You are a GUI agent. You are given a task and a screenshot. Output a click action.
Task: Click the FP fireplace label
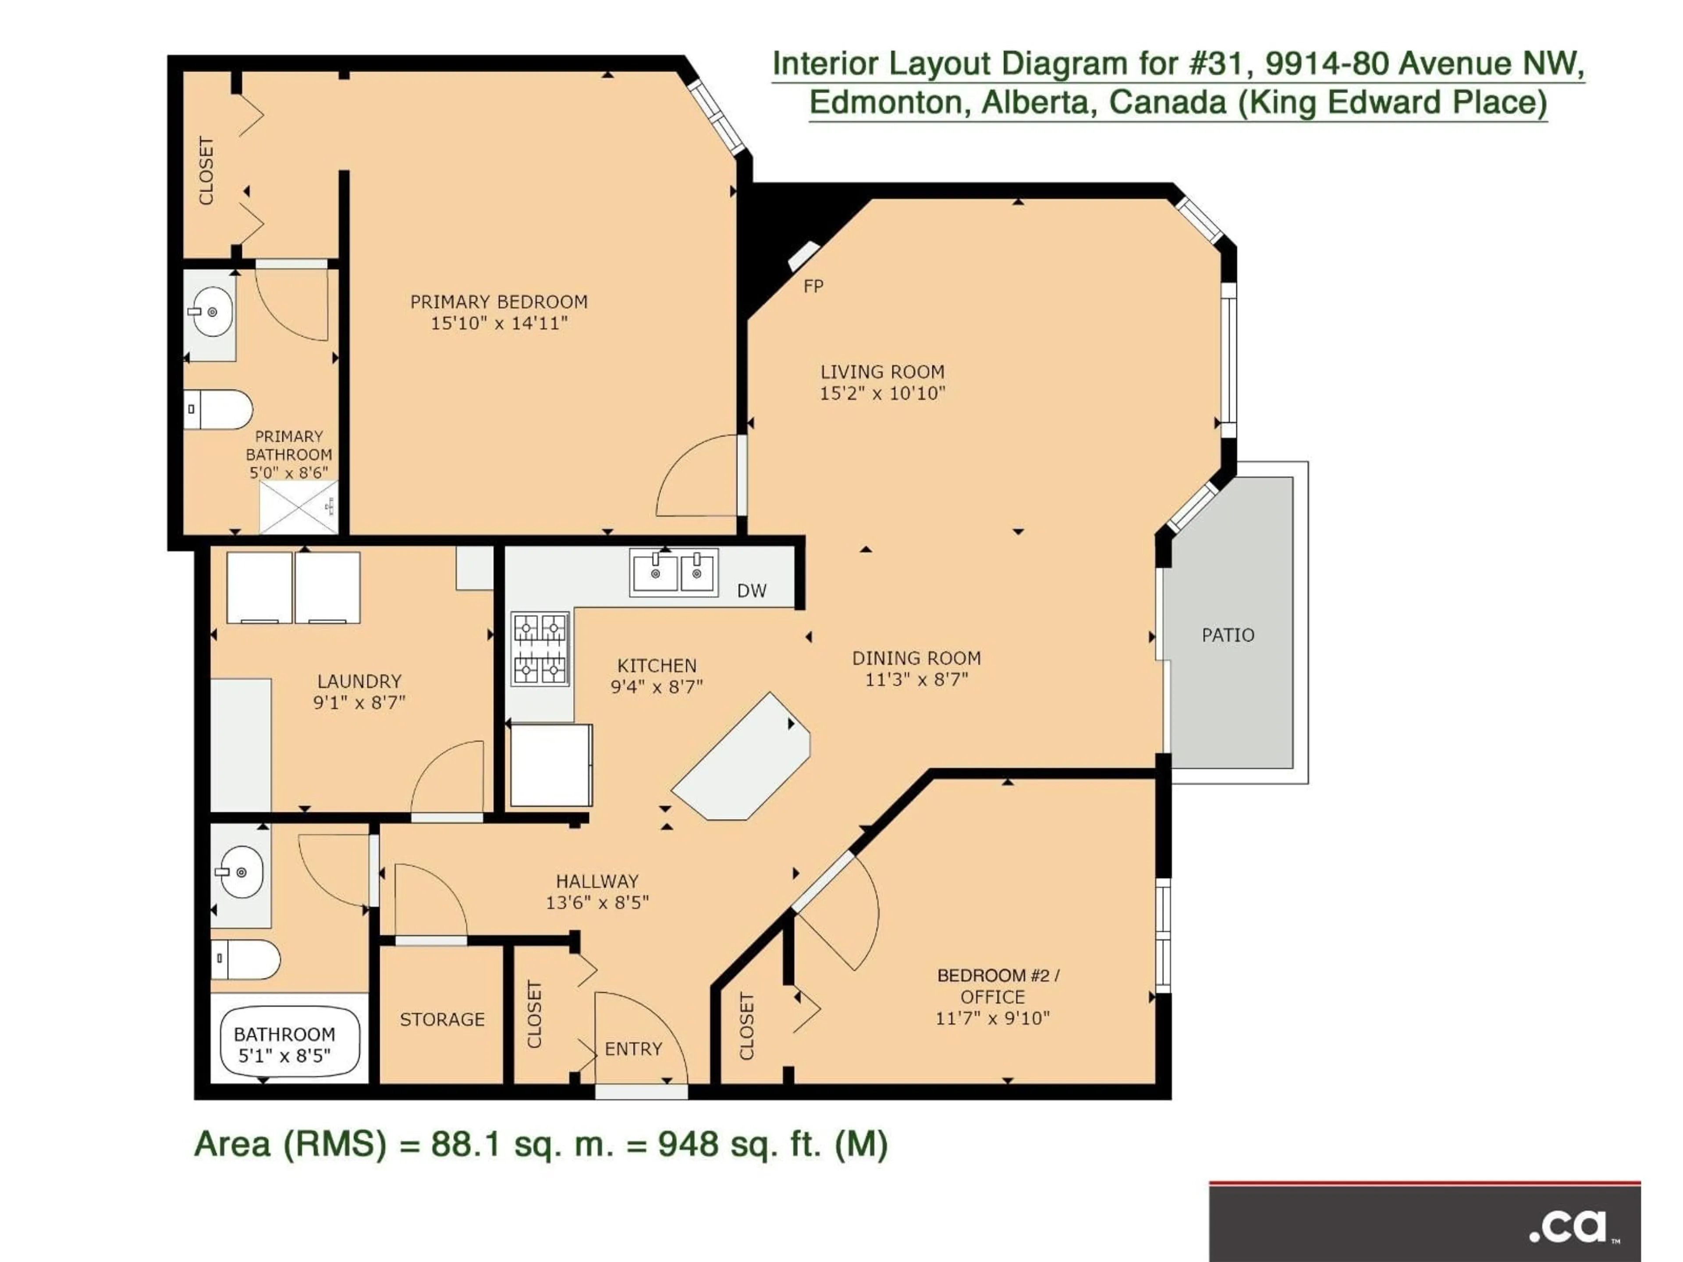click(813, 286)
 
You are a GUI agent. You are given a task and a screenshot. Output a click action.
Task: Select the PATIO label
click(1227, 635)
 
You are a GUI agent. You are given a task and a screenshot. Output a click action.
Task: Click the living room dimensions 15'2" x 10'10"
click(882, 393)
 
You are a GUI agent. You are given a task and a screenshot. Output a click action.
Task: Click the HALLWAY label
click(597, 881)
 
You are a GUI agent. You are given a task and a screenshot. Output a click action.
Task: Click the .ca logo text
click(1569, 1225)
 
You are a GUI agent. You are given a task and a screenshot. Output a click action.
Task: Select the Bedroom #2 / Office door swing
click(845, 913)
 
